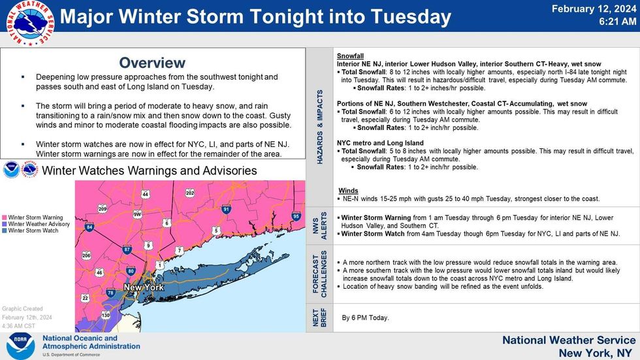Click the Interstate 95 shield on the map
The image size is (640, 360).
[296, 216]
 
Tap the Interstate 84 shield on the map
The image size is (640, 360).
[89, 227]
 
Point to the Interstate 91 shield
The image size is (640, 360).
[226, 209]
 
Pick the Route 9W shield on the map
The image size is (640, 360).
[137, 214]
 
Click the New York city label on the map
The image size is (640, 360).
[143, 287]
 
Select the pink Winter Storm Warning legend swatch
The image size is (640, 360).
[5, 218]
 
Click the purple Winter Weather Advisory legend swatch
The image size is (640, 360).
[5, 224]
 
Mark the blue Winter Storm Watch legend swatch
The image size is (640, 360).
[5, 231]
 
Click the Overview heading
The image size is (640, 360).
[152, 63]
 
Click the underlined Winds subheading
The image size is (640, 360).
[348, 190]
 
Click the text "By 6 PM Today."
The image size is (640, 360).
[365, 318]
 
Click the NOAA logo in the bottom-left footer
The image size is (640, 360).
[21, 346]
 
